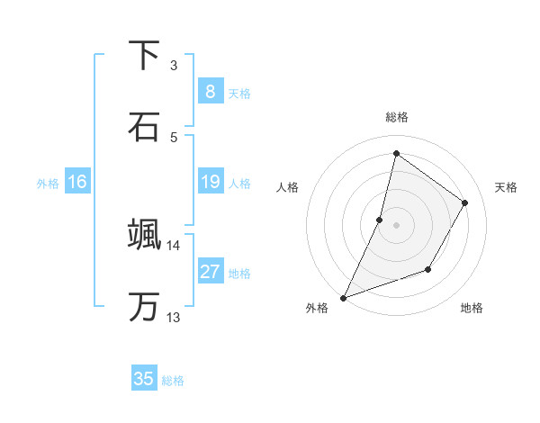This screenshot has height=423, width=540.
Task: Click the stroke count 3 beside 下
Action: (x=174, y=65)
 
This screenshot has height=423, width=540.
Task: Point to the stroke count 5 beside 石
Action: (x=174, y=137)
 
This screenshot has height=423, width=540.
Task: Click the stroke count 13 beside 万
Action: (x=174, y=317)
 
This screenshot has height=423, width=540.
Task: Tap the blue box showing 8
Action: (x=210, y=91)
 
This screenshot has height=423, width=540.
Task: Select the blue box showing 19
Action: (x=210, y=182)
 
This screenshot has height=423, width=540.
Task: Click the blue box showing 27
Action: (x=210, y=272)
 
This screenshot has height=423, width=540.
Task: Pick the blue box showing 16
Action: (x=77, y=182)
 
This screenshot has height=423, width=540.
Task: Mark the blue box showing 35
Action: (x=144, y=379)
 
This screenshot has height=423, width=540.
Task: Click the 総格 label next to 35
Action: (x=174, y=381)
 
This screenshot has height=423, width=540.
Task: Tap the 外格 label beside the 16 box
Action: (x=48, y=184)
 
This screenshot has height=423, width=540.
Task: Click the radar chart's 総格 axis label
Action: (x=396, y=117)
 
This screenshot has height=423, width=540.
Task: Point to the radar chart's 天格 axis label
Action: (x=507, y=187)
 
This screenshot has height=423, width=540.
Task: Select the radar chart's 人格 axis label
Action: (x=287, y=187)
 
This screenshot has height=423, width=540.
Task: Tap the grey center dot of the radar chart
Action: (x=396, y=225)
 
